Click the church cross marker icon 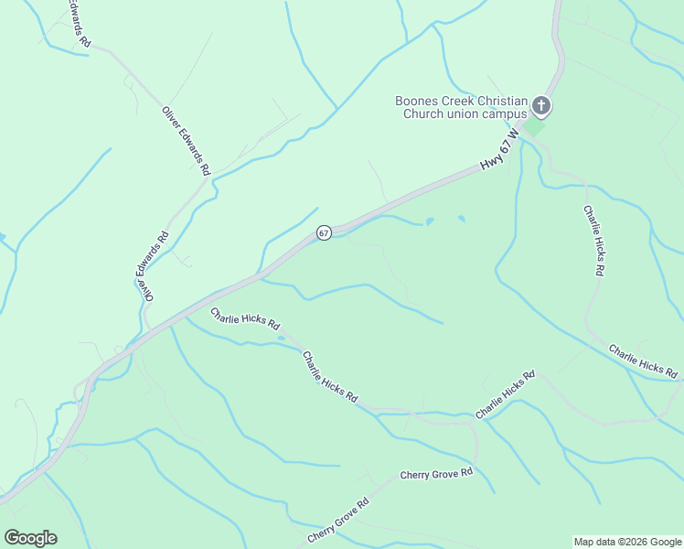pyautogui.click(x=541, y=107)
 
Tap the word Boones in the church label pyautogui.click(x=416, y=101)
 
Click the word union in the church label pyautogui.click(x=463, y=113)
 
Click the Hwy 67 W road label pyautogui.click(x=499, y=148)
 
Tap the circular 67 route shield pyautogui.click(x=324, y=233)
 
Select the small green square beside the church pyautogui.click(x=535, y=126)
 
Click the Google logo pyautogui.click(x=30, y=538)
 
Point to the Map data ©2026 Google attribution pyautogui.click(x=626, y=542)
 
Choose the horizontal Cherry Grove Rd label pyautogui.click(x=436, y=474)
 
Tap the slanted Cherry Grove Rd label pyautogui.click(x=337, y=522)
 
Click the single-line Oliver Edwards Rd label pyautogui.click(x=187, y=142)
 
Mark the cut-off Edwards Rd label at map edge pyautogui.click(x=79, y=23)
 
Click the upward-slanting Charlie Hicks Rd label pyautogui.click(x=505, y=395)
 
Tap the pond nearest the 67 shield pyautogui.click(x=428, y=221)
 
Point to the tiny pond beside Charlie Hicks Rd pyautogui.click(x=281, y=339)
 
